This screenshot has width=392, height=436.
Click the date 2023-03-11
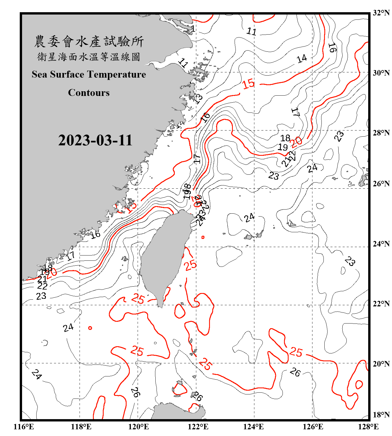(95, 140)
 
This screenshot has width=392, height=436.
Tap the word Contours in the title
(89, 93)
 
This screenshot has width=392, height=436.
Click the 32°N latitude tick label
(381, 13)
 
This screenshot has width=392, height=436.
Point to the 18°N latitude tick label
(381, 415)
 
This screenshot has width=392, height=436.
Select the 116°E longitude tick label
(24, 427)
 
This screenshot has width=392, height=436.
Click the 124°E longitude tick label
(253, 427)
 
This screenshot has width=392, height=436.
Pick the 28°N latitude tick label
(381, 133)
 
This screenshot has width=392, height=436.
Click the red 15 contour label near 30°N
(249, 84)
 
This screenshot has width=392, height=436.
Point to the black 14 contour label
(302, 58)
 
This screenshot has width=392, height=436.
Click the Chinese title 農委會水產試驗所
(89, 42)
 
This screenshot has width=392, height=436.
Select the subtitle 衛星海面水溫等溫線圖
(89, 57)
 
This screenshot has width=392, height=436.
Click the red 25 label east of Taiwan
(190, 265)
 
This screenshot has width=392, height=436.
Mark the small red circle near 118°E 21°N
(90, 328)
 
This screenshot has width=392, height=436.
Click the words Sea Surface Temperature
(89, 74)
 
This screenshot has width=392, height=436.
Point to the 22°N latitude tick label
(381, 304)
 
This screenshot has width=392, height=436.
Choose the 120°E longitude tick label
(139, 427)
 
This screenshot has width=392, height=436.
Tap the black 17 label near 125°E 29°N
(295, 112)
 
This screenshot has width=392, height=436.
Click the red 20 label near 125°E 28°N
(296, 142)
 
